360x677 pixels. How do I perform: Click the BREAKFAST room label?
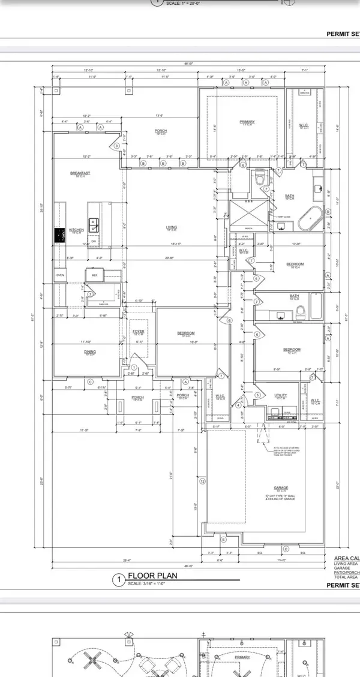point(79,173)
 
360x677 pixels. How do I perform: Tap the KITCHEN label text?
point(76,230)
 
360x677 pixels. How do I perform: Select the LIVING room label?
point(172,227)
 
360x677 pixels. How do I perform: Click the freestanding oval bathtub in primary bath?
point(310,219)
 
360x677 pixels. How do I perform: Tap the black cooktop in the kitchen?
point(60,236)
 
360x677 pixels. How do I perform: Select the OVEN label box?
point(60,275)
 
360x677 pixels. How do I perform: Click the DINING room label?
point(90,353)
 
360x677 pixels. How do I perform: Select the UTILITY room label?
point(280,396)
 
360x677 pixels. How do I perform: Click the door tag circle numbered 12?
point(203,482)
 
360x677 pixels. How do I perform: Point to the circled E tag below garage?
point(224,540)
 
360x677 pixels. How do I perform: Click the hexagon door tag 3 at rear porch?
point(116,146)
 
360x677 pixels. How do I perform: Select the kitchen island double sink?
point(94,225)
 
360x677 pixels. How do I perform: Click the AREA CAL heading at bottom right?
point(346,559)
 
